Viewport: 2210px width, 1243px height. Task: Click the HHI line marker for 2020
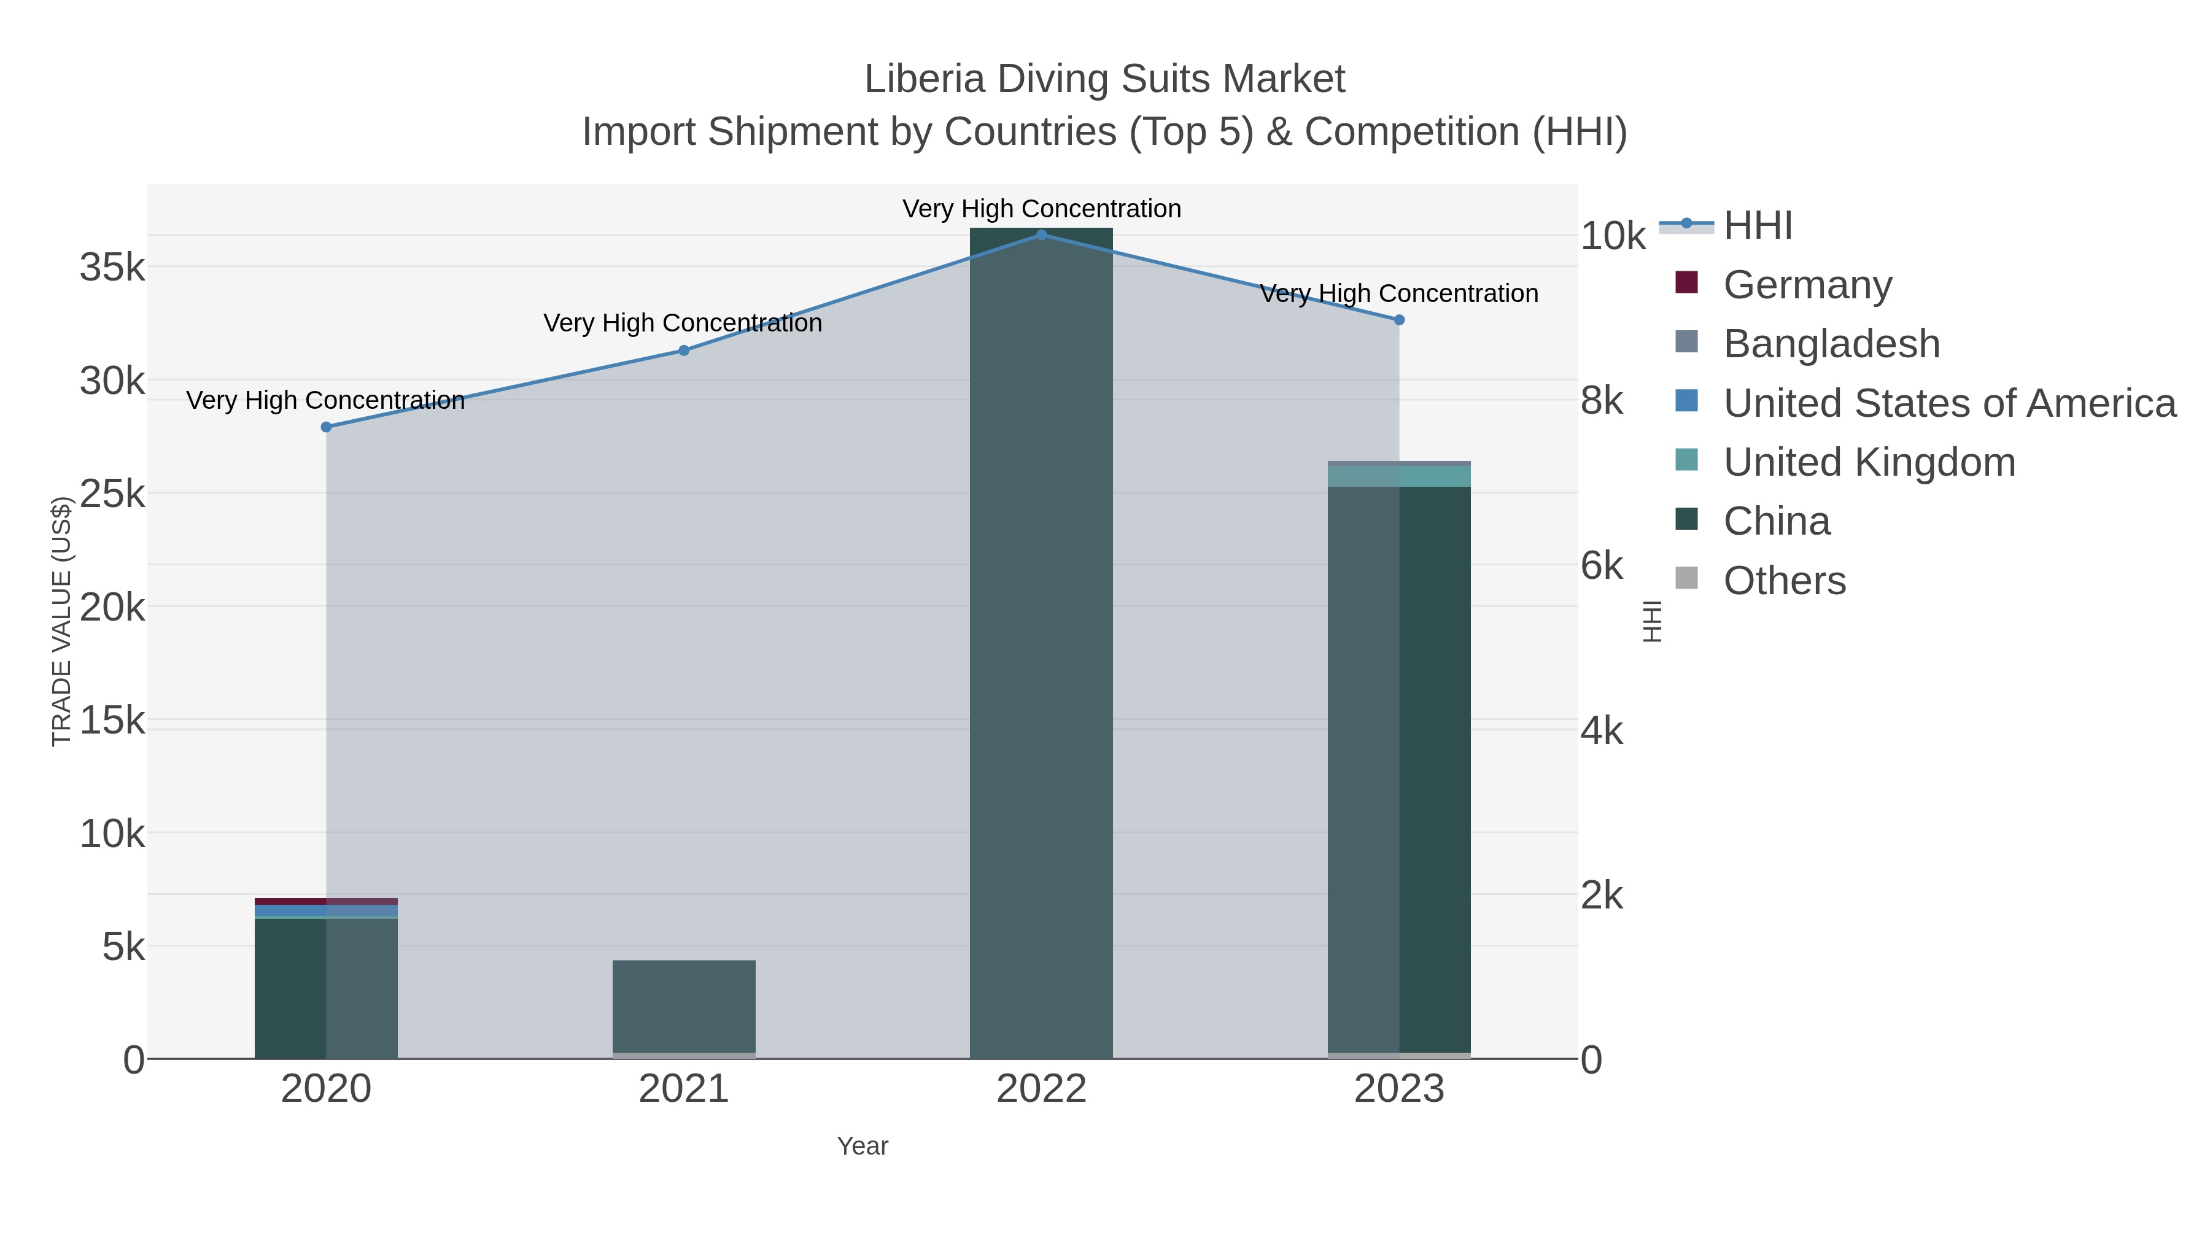click(x=326, y=427)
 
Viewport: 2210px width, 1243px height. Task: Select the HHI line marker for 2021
click(x=684, y=350)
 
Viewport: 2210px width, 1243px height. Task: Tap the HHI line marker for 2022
click(x=1042, y=234)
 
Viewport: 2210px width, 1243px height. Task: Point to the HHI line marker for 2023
click(x=1399, y=320)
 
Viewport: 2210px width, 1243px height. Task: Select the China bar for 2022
click(x=1042, y=643)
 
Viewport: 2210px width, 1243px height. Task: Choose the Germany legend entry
click(x=1807, y=285)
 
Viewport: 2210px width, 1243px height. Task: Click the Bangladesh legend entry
click(x=1831, y=344)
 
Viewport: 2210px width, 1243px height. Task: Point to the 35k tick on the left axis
click(x=112, y=268)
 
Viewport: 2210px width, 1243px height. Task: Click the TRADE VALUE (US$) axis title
click(x=62, y=621)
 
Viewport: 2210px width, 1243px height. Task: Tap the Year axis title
click(x=863, y=1146)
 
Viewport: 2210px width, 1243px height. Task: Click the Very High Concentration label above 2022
click(x=1042, y=209)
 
